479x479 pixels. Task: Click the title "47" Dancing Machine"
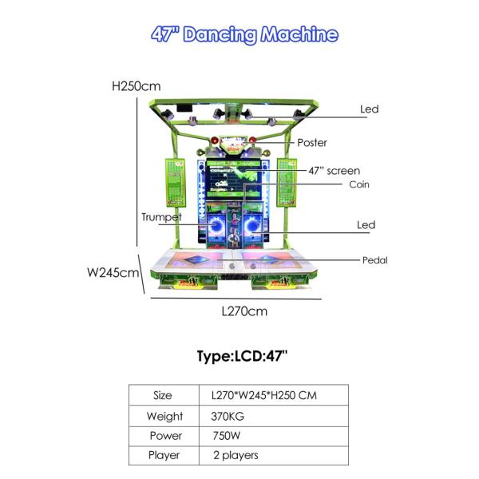[245, 34]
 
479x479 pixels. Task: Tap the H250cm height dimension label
[137, 86]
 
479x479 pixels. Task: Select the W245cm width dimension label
[113, 272]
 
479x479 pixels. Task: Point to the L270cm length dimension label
[244, 311]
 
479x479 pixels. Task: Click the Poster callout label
[312, 143]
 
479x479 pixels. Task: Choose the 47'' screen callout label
[335, 171]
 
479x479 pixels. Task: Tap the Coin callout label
[359, 184]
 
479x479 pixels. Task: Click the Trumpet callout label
[161, 217]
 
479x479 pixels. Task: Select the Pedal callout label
[375, 260]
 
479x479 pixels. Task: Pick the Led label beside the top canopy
[370, 109]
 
